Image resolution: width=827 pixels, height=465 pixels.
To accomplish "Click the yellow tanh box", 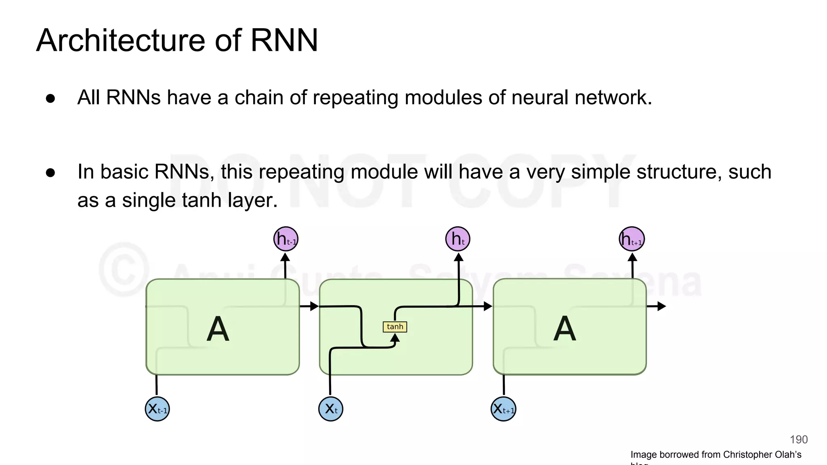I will click(x=395, y=327).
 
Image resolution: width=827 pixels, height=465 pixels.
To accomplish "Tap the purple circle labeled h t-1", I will click(x=286, y=239).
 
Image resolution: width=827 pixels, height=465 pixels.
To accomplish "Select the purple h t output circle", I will click(x=458, y=239).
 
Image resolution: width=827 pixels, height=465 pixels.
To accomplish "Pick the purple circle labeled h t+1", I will click(x=632, y=239).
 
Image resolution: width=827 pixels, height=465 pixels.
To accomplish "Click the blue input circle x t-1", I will click(x=157, y=409).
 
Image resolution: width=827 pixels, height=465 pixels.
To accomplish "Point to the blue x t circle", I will click(x=331, y=409).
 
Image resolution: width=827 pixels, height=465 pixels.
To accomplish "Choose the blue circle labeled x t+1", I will click(x=504, y=409).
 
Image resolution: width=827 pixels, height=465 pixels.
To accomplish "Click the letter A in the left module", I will click(x=218, y=329).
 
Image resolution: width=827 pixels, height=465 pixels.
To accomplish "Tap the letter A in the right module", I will click(x=564, y=329).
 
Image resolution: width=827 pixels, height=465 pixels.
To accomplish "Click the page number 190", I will click(x=798, y=440).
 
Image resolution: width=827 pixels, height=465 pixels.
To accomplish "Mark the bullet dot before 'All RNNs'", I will click(x=50, y=98).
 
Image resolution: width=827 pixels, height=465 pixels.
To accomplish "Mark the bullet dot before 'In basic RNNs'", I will click(x=50, y=173).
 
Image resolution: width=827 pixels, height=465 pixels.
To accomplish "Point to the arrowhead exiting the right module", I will click(x=661, y=306).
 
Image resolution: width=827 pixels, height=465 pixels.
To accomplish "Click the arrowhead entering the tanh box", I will click(x=395, y=337).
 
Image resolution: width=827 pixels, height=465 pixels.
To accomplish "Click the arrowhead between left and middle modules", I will click(x=315, y=306).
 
